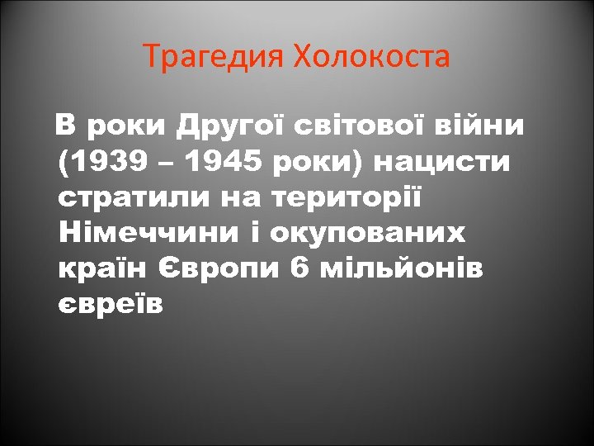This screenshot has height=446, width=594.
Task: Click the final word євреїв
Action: click(x=111, y=305)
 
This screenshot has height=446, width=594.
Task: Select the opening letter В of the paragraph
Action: click(x=65, y=127)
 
